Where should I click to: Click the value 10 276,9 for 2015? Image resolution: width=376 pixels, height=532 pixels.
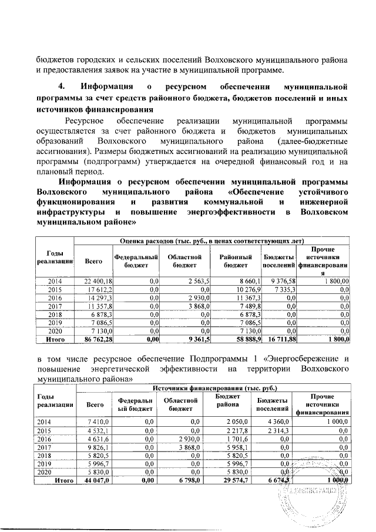tap(242, 290)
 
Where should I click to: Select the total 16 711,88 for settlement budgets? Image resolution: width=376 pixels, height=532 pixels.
tap(276, 339)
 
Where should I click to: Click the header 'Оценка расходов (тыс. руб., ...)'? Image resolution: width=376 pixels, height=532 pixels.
tap(212, 240)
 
